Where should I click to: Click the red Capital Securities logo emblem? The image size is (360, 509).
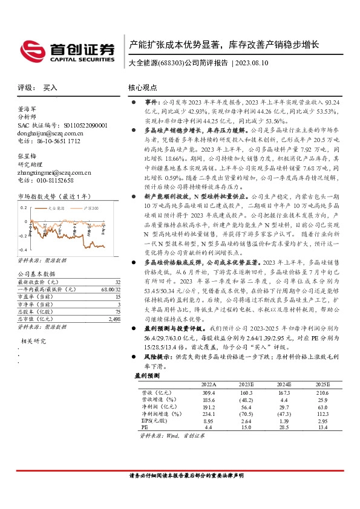click(31, 49)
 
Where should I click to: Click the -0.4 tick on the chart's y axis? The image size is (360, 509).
click(23, 250)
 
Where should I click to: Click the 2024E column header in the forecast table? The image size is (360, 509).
click(281, 385)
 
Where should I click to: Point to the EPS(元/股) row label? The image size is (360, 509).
click(148, 421)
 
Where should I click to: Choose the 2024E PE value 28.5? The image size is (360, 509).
click(283, 428)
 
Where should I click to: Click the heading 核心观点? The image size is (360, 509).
click(145, 88)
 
